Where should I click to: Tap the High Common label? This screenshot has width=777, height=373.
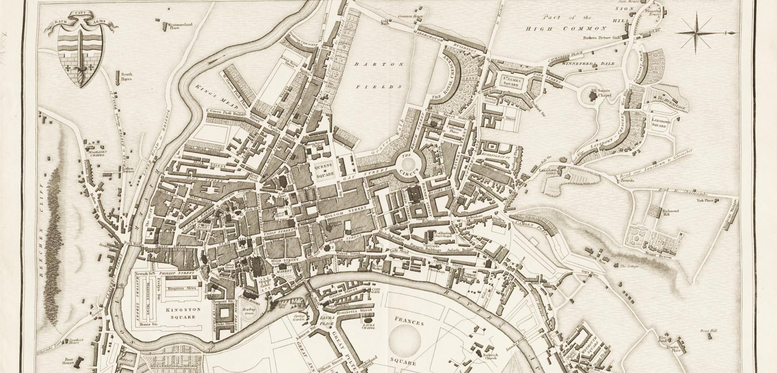pyautogui.click(x=565, y=28)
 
